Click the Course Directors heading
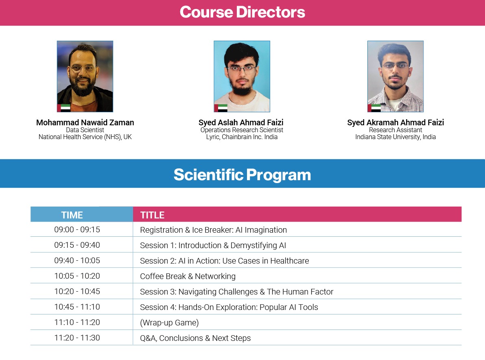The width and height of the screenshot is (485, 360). pyautogui.click(x=242, y=12)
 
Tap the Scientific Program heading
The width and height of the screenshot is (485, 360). pyautogui.click(x=242, y=175)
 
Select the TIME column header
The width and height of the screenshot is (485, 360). pyautogui.click(x=72, y=215)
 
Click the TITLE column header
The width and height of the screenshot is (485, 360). pyautogui.click(x=152, y=215)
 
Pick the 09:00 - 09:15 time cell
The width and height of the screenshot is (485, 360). pyautogui.click(x=77, y=229)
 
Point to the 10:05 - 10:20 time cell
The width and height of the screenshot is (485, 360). pyautogui.click(x=77, y=276)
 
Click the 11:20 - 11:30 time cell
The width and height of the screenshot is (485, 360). pyautogui.click(x=77, y=338)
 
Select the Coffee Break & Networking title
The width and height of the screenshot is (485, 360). pyautogui.click(x=188, y=276)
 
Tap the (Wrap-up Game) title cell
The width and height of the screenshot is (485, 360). pyautogui.click(x=169, y=323)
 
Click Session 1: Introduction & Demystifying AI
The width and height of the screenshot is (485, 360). pyautogui.click(x=213, y=245)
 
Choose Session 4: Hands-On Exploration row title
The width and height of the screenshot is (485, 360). pyautogui.click(x=229, y=307)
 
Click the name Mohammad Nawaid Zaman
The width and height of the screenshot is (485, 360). pyautogui.click(x=85, y=122)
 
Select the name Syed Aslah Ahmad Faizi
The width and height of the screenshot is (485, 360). pyautogui.click(x=241, y=122)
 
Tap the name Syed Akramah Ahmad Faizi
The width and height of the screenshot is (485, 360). pyautogui.click(x=395, y=122)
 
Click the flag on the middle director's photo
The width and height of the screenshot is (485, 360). pyautogui.click(x=221, y=108)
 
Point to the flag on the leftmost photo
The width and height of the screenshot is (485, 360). pyautogui.click(x=64, y=108)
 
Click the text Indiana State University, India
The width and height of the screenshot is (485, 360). pyautogui.click(x=395, y=137)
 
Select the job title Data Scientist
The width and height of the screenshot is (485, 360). pyautogui.click(x=85, y=130)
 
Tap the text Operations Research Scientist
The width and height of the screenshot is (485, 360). pyautogui.click(x=242, y=130)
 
